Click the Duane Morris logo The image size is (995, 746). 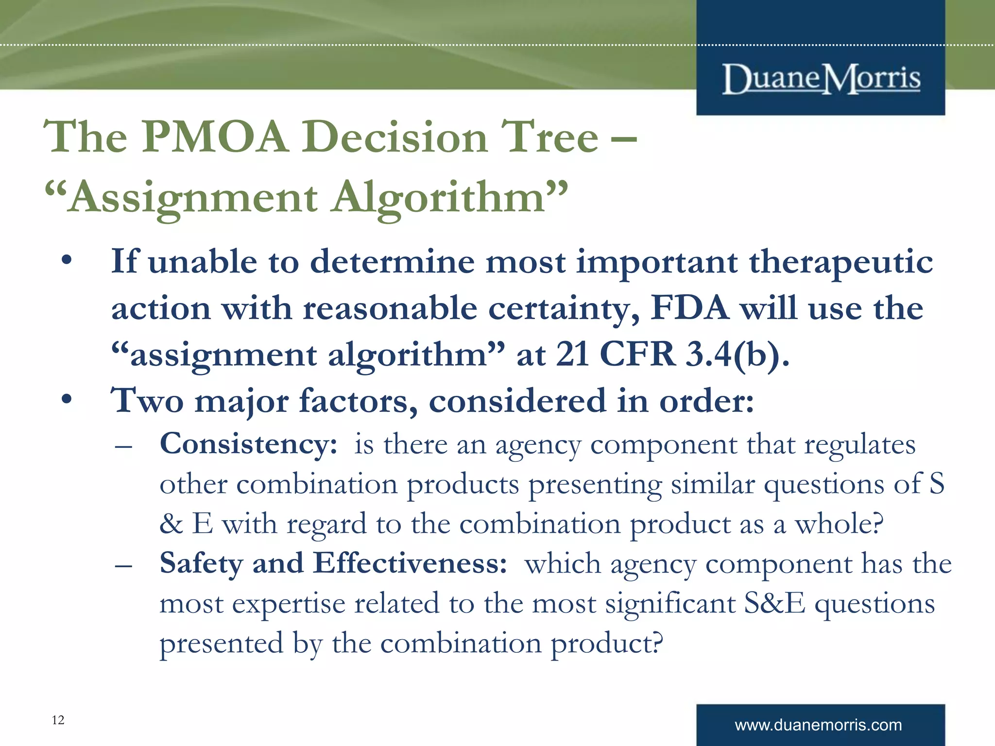pos(821,79)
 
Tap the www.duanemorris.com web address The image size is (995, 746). pos(818,725)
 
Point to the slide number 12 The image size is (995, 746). pos(58,720)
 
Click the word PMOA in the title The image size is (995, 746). pos(215,137)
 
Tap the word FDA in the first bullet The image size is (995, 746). pos(689,308)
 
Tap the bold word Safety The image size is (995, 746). pos(201,564)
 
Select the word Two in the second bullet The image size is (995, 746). pos(148,401)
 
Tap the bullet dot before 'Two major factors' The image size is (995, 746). pos(67,400)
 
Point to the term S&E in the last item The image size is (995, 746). pos(774,604)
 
